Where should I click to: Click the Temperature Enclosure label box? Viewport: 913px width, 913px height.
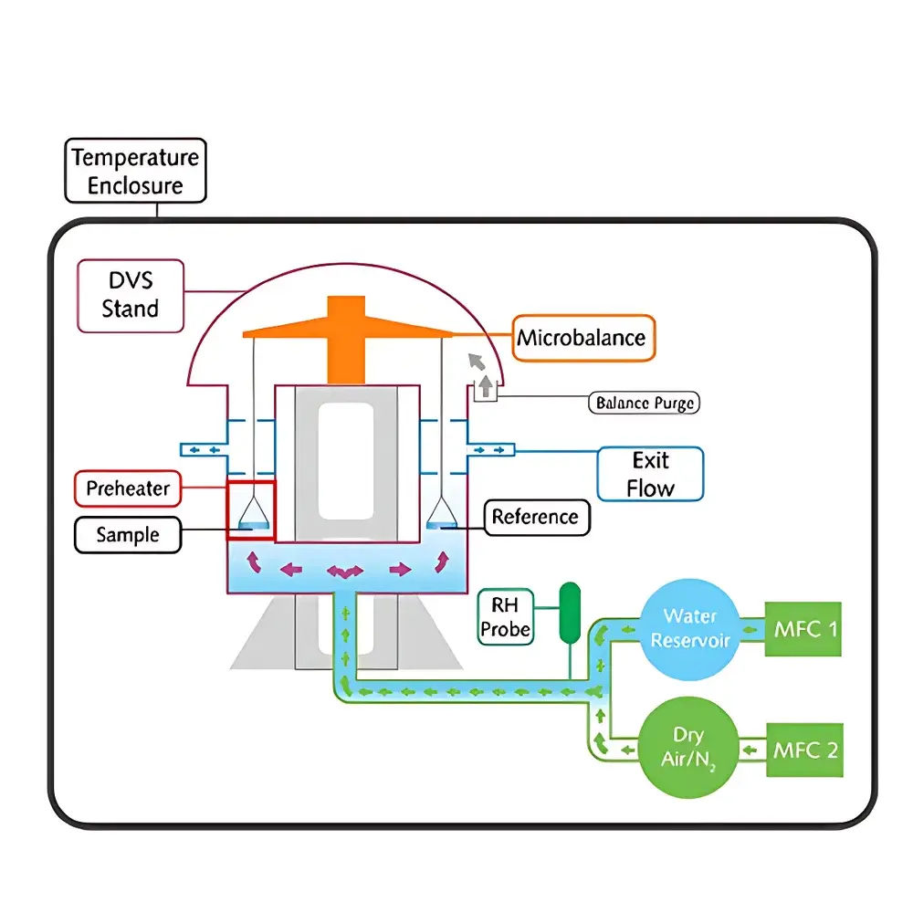tap(135, 171)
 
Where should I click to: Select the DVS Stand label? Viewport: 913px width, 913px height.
tap(131, 295)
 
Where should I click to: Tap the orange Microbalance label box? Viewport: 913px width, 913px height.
tap(582, 338)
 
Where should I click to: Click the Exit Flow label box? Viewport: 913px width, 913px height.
tap(650, 474)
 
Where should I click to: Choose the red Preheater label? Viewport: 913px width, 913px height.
tap(128, 488)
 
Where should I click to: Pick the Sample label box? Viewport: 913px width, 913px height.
tap(128, 535)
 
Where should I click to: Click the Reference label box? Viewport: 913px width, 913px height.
tap(535, 518)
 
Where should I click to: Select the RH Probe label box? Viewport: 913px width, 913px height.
tap(505, 616)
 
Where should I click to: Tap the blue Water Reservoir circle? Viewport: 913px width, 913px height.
tap(689, 628)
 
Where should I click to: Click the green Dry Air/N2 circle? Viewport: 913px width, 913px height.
tap(689, 749)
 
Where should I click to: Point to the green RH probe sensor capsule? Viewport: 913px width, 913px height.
tap(571, 609)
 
